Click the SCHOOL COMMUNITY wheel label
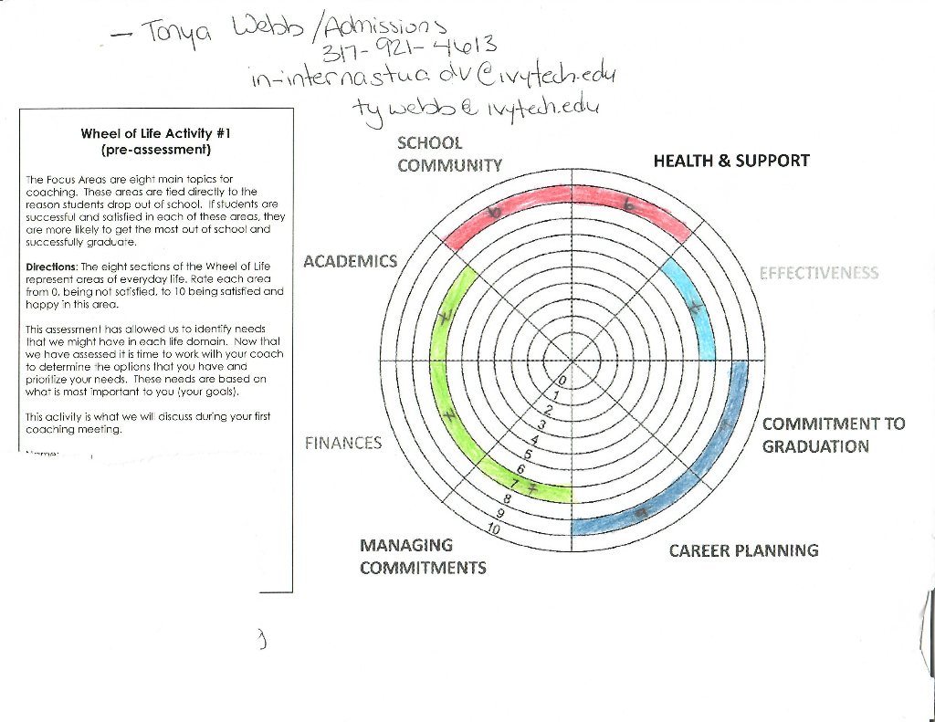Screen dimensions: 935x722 [449, 154]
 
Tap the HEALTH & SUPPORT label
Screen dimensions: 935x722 [730, 161]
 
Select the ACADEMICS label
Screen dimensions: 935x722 [350, 262]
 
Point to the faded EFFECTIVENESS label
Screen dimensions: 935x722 [819, 273]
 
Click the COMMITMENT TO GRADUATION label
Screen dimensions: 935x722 [833, 435]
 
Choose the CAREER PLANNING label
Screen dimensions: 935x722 [743, 550]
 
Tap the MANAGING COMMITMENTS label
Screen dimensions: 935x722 [422, 557]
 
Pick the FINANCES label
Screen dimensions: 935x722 [342, 444]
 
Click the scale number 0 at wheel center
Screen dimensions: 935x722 [562, 380]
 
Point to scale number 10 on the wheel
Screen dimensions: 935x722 [493, 529]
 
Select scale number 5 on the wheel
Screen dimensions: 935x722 [528, 454]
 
